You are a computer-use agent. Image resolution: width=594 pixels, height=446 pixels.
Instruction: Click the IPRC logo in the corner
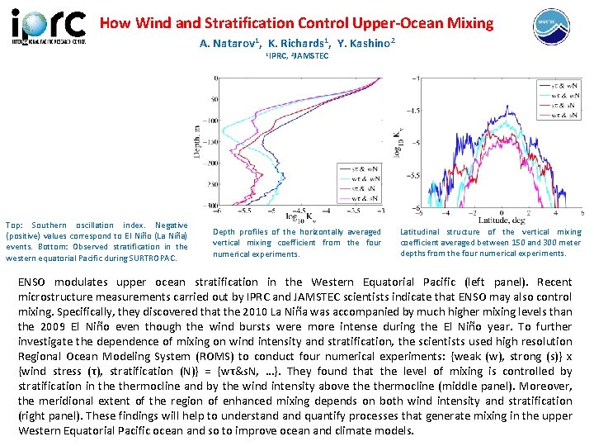tap(48, 25)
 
